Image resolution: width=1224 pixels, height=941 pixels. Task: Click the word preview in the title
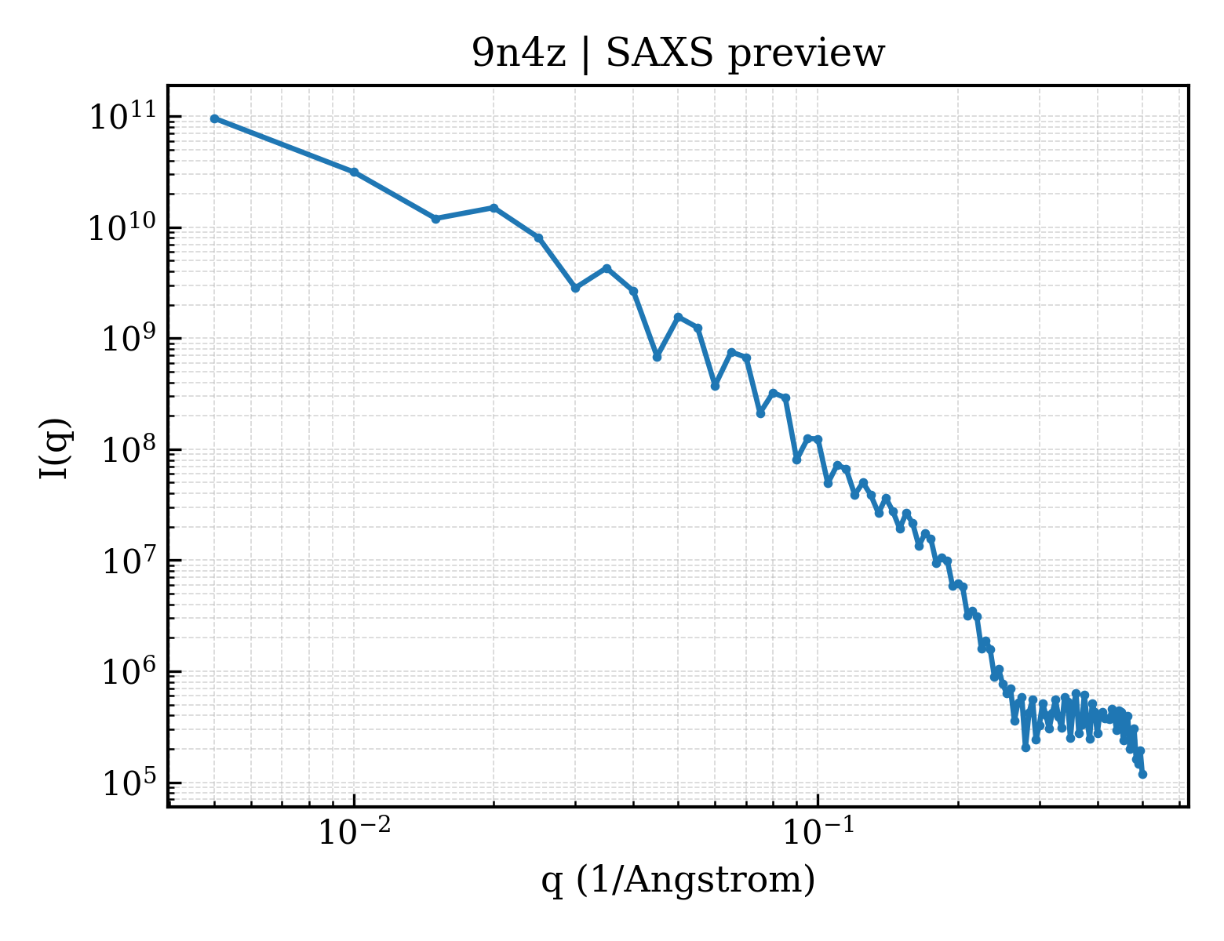pos(807,56)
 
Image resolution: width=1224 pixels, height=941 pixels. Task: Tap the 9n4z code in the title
pos(519,54)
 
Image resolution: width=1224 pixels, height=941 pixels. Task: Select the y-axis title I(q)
pos(55,449)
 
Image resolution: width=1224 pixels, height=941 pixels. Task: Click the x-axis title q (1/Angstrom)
pos(678,881)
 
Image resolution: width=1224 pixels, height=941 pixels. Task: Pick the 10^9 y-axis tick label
pos(129,338)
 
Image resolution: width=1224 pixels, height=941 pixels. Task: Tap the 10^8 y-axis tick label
pos(129,449)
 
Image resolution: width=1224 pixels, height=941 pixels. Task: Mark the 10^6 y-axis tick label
pos(129,671)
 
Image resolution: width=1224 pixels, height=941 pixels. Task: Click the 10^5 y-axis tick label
pos(129,782)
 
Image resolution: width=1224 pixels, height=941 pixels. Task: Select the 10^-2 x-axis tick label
pos(355,831)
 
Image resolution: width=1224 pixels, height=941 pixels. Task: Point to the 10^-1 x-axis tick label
pos(818,831)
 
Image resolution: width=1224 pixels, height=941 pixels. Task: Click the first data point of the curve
pos(215,118)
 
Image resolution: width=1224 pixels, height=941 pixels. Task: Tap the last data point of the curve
pos(1142,775)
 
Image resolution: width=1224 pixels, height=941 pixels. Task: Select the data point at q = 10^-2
pos(355,173)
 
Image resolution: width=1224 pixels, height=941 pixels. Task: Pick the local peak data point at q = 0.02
pos(494,208)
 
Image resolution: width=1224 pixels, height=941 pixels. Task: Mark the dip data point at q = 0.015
pos(436,219)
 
